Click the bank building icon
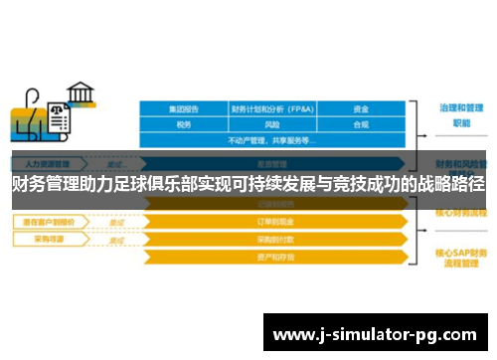pyautogui.click(x=81, y=94)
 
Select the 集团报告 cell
pyautogui.click(x=184, y=108)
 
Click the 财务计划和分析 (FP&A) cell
pyautogui.click(x=272, y=108)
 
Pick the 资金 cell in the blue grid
pyautogui.click(x=361, y=108)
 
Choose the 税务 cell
pyautogui.click(x=184, y=125)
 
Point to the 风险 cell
pyautogui.click(x=272, y=125)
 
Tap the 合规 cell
pyautogui.click(x=361, y=125)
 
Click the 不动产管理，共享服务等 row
pyautogui.click(x=272, y=140)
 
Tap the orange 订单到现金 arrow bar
pyautogui.click(x=273, y=222)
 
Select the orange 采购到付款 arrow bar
pyautogui.click(x=273, y=240)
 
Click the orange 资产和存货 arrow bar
pyautogui.click(x=273, y=257)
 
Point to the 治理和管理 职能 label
pyautogui.click(x=454, y=114)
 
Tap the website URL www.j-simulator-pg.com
pyautogui.click(x=375, y=332)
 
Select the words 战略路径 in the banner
pyautogui.click(x=448, y=184)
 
